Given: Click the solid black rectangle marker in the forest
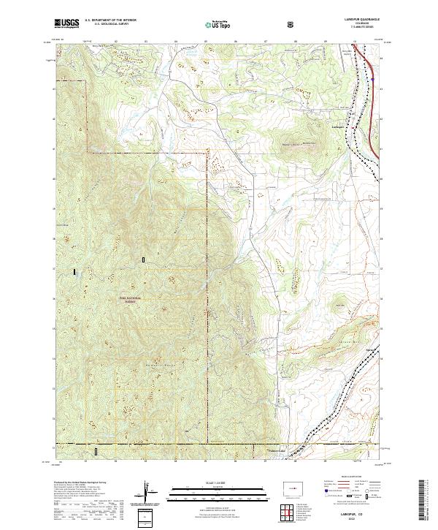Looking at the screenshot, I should click(x=74, y=272).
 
